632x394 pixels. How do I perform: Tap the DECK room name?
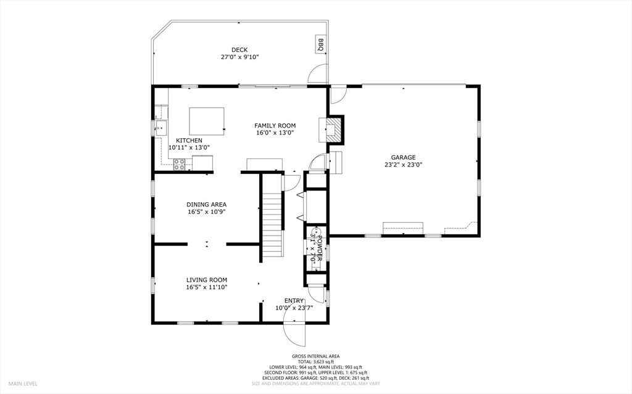click(x=239, y=50)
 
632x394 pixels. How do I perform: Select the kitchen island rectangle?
click(x=207, y=120)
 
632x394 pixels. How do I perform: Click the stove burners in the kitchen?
click(x=180, y=163)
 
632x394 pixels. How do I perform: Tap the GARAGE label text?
click(x=403, y=157)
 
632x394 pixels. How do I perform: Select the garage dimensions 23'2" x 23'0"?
click(x=403, y=165)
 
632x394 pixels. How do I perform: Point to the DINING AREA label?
click(x=207, y=204)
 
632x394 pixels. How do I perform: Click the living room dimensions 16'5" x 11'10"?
click(x=207, y=287)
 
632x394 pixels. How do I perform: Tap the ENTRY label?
click(x=294, y=300)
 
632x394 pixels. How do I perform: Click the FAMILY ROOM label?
click(x=275, y=125)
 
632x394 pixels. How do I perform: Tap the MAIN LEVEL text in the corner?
click(x=23, y=384)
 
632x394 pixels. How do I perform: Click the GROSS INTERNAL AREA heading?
click(x=315, y=356)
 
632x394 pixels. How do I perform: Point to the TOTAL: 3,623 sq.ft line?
click(x=315, y=362)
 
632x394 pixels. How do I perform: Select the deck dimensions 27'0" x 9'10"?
click(x=239, y=57)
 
